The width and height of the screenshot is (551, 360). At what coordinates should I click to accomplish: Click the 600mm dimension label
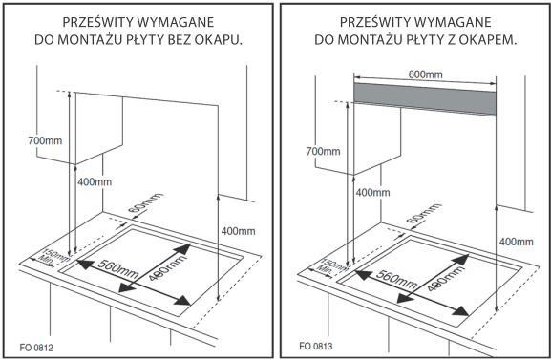click(425, 74)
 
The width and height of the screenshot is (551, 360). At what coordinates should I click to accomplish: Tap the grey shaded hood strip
click(425, 98)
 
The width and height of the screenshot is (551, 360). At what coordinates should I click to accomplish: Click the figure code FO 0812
click(36, 348)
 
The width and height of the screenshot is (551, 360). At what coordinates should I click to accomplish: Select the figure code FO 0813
click(315, 347)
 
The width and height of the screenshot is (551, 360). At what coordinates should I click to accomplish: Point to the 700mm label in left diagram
click(45, 140)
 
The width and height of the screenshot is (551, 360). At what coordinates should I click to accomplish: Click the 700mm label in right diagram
click(323, 151)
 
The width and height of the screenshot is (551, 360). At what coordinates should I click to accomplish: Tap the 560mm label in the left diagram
click(117, 269)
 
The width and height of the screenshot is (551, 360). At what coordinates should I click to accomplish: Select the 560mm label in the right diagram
click(396, 280)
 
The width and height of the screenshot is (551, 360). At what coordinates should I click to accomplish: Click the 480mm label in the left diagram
click(167, 267)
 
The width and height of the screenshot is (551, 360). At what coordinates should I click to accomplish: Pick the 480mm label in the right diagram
click(446, 279)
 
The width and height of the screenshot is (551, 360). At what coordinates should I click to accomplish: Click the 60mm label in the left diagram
click(145, 202)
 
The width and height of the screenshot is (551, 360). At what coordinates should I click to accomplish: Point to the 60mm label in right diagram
click(423, 213)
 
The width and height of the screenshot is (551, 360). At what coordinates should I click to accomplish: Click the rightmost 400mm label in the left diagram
click(238, 231)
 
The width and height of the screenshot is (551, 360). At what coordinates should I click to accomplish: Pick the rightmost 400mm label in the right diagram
click(517, 242)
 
